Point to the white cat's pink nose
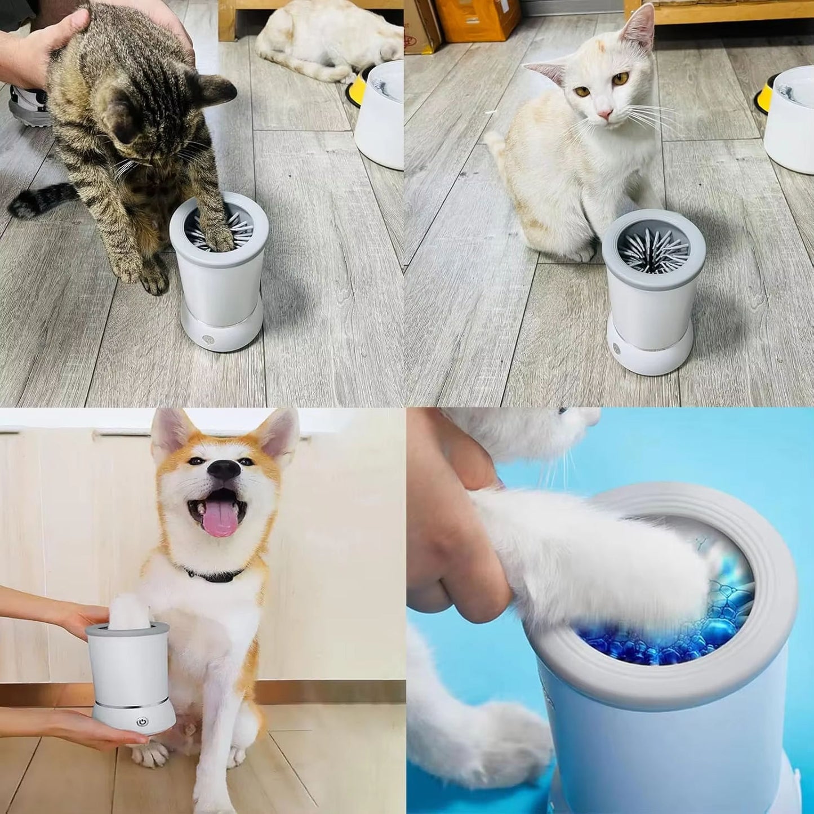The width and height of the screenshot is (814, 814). click(x=605, y=114)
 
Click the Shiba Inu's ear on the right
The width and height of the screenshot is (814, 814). click(x=280, y=434)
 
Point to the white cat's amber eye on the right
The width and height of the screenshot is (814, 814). click(x=620, y=78)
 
